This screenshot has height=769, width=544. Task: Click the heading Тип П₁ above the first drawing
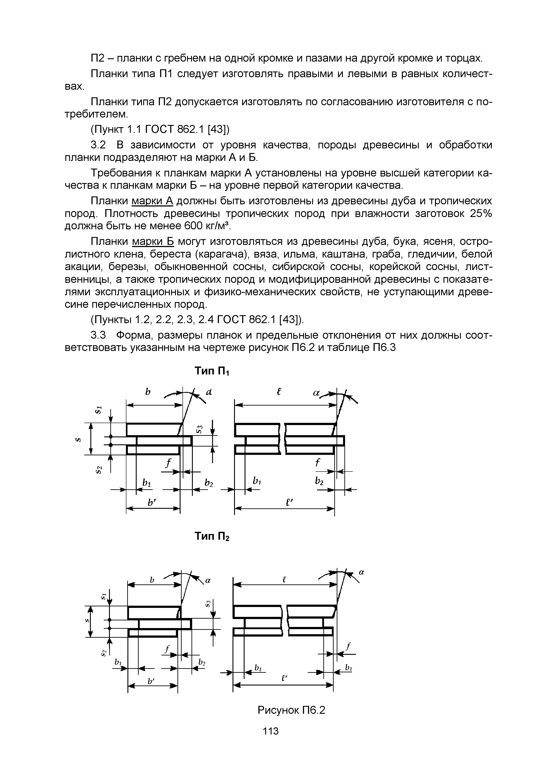(211, 371)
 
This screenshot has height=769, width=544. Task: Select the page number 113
(271, 740)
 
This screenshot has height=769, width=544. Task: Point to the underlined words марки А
(152, 201)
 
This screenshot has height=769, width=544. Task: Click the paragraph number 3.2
(98, 145)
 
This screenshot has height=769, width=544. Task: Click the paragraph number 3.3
(98, 335)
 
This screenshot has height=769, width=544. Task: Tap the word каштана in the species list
(340, 254)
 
